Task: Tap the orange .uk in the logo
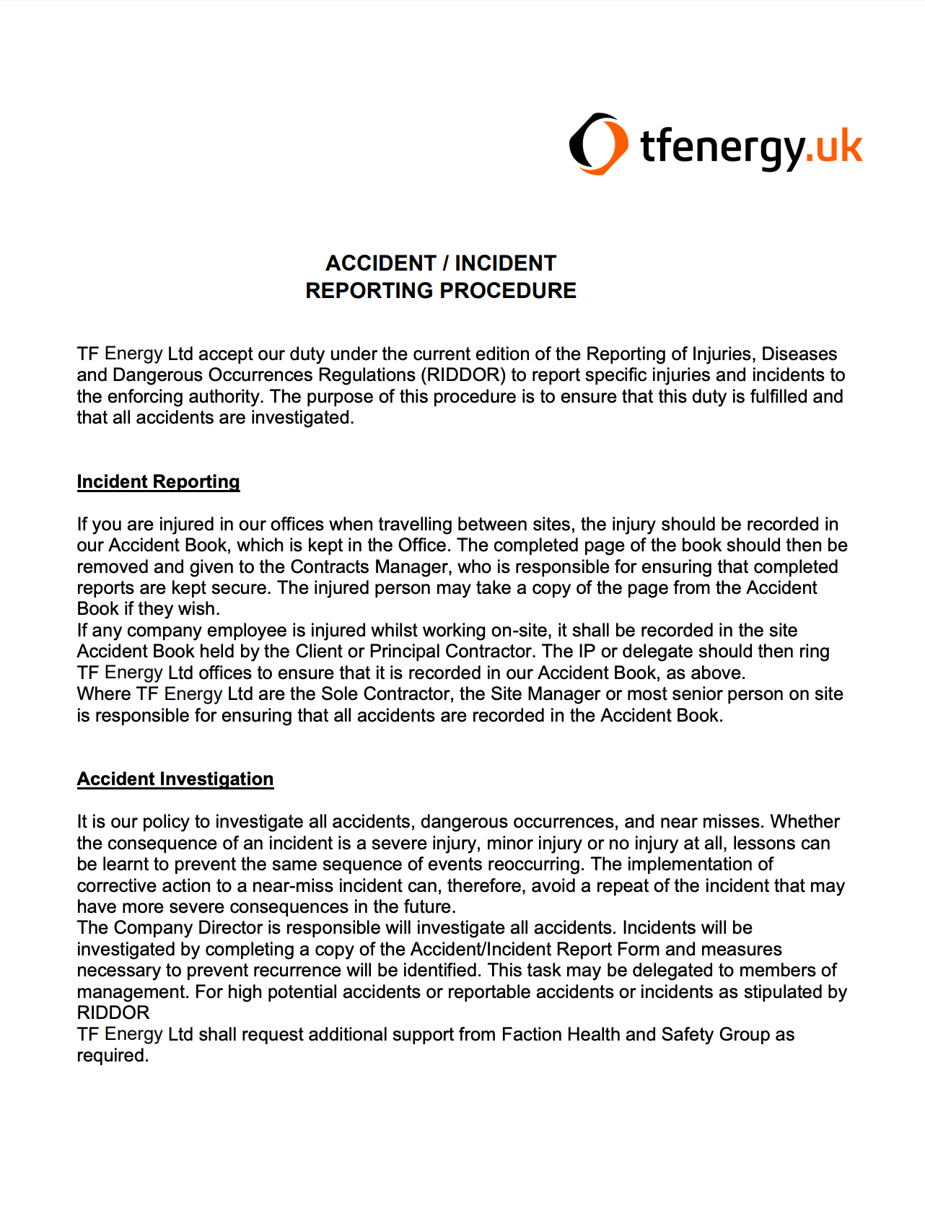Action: tap(834, 146)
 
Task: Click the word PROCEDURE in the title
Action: tap(508, 291)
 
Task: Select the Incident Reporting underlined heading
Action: tap(158, 482)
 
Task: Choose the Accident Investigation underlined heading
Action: tap(175, 779)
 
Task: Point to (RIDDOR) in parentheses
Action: tap(463, 375)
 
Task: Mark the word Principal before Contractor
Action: tap(404, 652)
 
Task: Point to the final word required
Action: tap(112, 1056)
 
